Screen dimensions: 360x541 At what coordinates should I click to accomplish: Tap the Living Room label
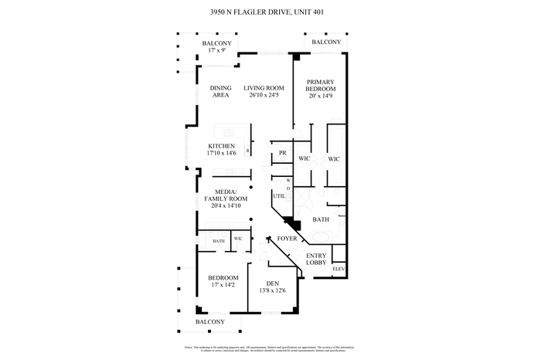pyautogui.click(x=264, y=87)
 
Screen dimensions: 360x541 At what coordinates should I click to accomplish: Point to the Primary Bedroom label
pyautogui.click(x=321, y=86)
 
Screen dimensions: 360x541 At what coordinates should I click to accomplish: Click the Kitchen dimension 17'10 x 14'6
pyautogui.click(x=221, y=153)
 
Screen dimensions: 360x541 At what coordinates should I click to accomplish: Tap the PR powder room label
pyautogui.click(x=283, y=153)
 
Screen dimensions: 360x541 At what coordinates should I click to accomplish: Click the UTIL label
pyautogui.click(x=279, y=196)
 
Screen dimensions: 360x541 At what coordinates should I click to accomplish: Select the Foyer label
pyautogui.click(x=288, y=239)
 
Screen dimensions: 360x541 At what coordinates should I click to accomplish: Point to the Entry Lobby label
pyautogui.click(x=316, y=260)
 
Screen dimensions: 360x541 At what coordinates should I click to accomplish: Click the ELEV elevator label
pyautogui.click(x=338, y=268)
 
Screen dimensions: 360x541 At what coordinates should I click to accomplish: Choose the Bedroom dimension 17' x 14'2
pyautogui.click(x=222, y=284)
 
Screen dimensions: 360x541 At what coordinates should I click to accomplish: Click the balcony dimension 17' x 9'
pyautogui.click(x=216, y=50)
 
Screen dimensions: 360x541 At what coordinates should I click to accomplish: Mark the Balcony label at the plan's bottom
pyautogui.click(x=209, y=321)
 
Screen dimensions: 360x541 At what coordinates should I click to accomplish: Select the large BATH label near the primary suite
pyautogui.click(x=321, y=219)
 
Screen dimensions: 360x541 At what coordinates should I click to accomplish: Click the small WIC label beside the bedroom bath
pyautogui.click(x=238, y=240)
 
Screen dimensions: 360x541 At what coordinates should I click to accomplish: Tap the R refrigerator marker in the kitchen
pyautogui.click(x=247, y=151)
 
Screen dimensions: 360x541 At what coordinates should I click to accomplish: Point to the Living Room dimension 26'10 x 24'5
pyautogui.click(x=264, y=95)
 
